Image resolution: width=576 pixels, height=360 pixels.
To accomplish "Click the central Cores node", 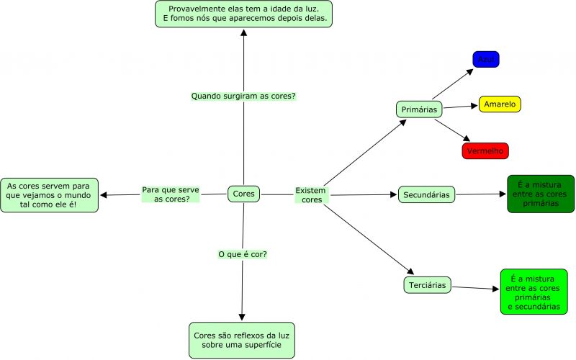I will (x=244, y=194).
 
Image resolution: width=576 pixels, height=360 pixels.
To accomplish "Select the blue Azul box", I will (x=485, y=59).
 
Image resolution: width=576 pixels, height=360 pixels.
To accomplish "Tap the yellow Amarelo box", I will (x=500, y=104).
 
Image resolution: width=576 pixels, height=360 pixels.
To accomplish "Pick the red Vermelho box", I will (x=485, y=151).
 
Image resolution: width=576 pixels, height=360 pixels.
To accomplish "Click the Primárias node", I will (x=419, y=109).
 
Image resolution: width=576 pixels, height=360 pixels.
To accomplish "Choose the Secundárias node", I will (x=426, y=194).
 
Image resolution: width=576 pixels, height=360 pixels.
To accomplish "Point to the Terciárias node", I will (x=427, y=285).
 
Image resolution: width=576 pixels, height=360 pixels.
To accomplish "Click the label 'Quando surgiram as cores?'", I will (x=243, y=96).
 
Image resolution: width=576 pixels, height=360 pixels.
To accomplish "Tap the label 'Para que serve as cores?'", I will (x=171, y=194).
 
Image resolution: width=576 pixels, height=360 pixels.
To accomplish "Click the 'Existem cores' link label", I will (x=311, y=194).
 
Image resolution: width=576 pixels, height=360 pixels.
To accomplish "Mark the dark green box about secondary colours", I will (x=541, y=194).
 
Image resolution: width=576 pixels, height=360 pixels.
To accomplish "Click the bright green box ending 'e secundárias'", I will (x=534, y=292).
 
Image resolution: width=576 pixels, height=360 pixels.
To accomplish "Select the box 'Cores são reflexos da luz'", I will (x=242, y=341).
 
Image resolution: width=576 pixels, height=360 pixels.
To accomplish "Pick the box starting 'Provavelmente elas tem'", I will (x=243, y=14).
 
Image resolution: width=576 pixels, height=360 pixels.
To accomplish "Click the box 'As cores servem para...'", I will (x=50, y=195).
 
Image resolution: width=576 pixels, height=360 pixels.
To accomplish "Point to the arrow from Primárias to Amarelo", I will (x=461, y=107).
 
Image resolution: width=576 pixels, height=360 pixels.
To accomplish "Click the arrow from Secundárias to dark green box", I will (x=481, y=194).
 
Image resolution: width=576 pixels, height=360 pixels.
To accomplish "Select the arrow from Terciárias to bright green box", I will (x=475, y=288).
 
